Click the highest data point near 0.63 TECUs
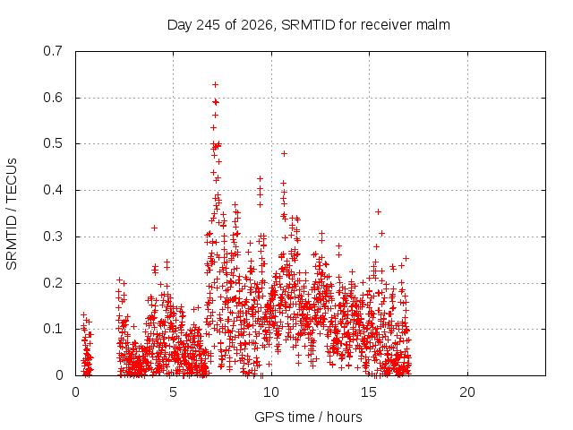215,85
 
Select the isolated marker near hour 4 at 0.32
154,228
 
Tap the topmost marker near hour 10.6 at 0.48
284,153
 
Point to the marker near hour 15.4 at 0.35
378,211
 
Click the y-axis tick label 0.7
53,51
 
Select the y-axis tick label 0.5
53,143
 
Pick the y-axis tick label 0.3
53,236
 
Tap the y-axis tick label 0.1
53,329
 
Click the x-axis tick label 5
173,392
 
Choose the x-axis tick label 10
270,392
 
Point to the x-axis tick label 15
369,392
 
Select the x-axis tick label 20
467,392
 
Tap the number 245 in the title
209,25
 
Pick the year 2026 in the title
257,25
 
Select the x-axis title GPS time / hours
308,417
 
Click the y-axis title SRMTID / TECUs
12,214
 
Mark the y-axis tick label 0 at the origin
59,374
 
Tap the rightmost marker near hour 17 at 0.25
406,258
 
